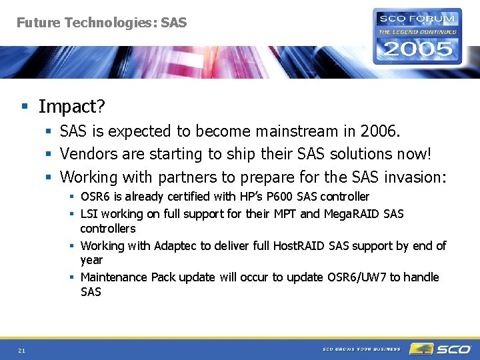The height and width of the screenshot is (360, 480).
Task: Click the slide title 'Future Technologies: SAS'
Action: point(101,23)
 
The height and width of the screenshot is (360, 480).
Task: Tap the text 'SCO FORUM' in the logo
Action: point(418,18)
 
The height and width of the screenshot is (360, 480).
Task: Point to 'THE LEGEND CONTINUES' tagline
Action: point(418,31)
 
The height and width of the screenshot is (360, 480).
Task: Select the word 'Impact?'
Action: point(72,107)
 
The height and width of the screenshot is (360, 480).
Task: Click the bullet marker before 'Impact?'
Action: point(24,107)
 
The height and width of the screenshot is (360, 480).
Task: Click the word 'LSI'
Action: point(89,214)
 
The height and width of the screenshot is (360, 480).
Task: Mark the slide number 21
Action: point(22,351)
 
